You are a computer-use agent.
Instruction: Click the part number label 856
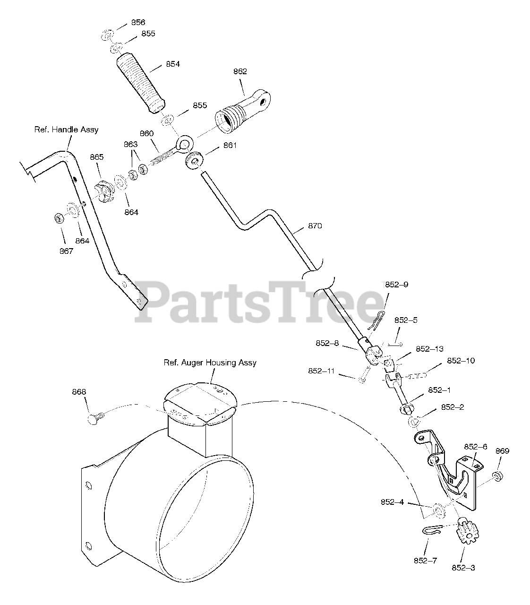(138, 22)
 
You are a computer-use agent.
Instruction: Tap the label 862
(240, 71)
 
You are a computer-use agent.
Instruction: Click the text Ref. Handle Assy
(66, 129)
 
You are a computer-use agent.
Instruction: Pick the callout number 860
(146, 133)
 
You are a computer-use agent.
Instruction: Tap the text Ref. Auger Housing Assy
(210, 363)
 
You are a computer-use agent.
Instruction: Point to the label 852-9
(396, 285)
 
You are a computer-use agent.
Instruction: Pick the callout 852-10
(461, 361)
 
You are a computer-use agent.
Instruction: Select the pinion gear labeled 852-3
(463, 532)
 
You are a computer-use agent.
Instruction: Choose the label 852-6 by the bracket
(476, 446)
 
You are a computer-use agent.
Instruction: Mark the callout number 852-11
(321, 371)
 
